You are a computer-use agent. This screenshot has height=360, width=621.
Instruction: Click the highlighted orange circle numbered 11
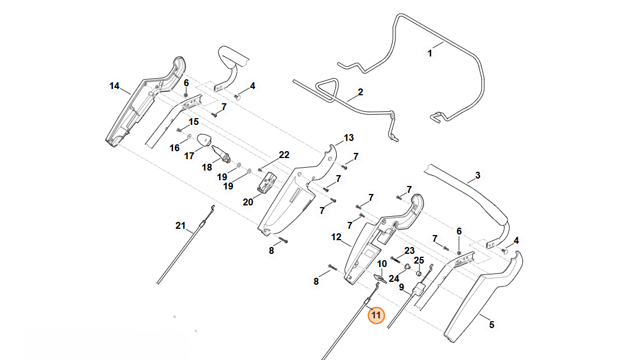[x=376, y=315]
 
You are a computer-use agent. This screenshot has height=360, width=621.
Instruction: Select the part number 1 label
[x=430, y=53]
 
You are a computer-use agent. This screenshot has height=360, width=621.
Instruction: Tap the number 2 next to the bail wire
[x=360, y=92]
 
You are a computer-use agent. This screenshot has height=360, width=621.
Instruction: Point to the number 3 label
[x=478, y=175]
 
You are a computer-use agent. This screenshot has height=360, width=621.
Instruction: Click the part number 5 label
[x=491, y=325]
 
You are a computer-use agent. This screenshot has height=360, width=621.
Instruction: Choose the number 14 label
[x=114, y=86]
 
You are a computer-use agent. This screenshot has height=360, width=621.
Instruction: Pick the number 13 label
[x=349, y=137]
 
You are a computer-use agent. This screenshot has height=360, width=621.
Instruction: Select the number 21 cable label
[x=180, y=225]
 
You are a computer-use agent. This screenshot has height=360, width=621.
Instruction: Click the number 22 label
[x=284, y=155]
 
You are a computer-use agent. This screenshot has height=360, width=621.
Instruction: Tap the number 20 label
[x=248, y=202]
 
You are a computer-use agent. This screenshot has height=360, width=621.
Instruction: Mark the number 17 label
[x=189, y=156]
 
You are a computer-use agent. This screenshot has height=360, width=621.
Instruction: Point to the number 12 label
[x=336, y=237]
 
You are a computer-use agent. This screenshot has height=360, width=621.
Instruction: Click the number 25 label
[x=418, y=260]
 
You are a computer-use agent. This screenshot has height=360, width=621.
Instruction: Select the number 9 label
[x=401, y=287]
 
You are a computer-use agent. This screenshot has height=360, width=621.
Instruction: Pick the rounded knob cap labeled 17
[x=204, y=139]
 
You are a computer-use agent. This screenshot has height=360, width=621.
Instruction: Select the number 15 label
[x=193, y=122]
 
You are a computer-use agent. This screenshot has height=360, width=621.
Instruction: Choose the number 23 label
[x=409, y=250]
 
